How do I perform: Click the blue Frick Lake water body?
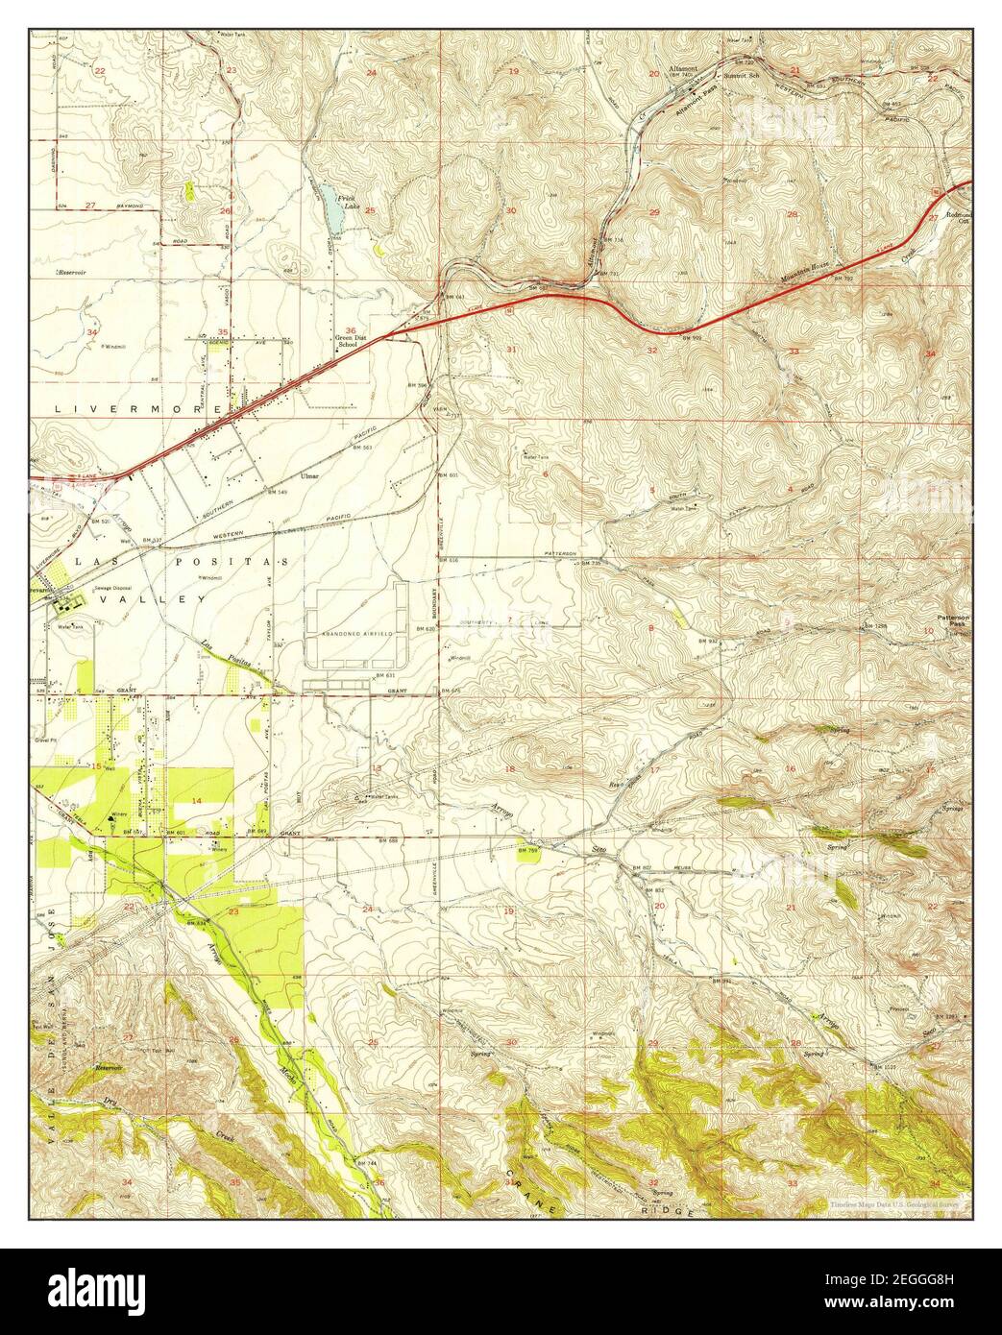(332, 208)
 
